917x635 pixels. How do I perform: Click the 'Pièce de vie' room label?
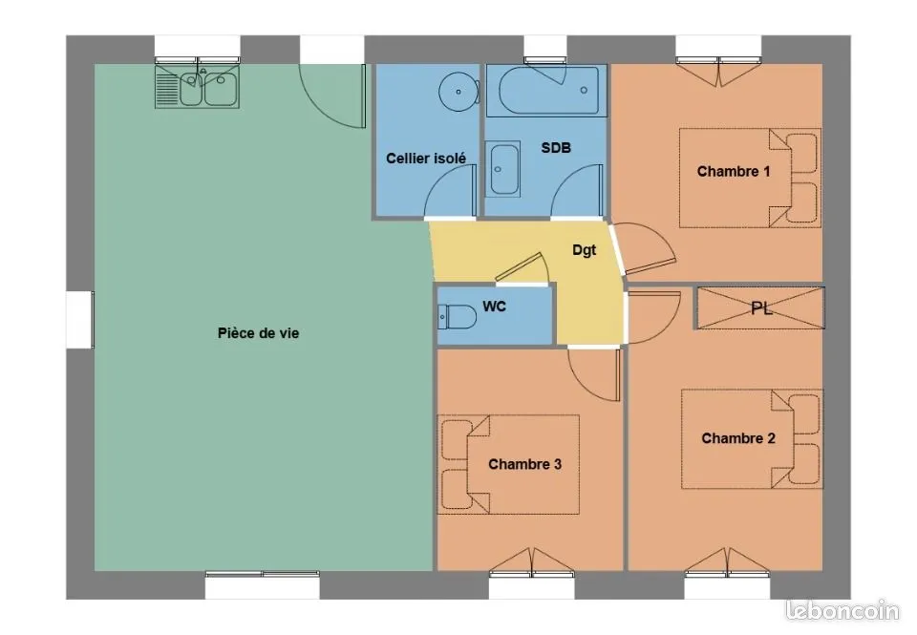tap(258, 333)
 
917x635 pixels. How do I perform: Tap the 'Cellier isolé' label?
tap(426, 158)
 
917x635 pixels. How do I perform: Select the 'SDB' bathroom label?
tap(556, 148)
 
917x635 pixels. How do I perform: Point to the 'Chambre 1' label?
tap(734, 171)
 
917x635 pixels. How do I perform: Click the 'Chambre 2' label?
tap(738, 438)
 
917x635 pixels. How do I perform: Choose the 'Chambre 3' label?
tap(524, 464)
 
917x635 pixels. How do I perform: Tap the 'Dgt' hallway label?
tap(584, 250)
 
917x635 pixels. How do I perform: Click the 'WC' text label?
tap(494, 307)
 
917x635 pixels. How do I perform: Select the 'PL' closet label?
tap(761, 308)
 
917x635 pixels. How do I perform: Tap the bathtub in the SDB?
tap(544, 91)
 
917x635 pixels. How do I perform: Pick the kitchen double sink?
tap(197, 87)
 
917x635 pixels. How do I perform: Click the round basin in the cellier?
tap(458, 92)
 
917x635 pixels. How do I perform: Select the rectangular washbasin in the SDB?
tap(503, 168)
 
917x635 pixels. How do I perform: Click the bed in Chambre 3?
tap(508, 464)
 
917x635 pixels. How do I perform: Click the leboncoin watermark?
tap(842, 610)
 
